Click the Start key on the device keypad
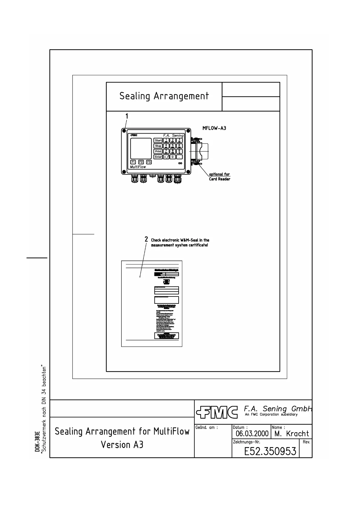point(158,141)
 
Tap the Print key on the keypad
point(158,151)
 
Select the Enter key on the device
point(158,157)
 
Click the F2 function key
point(141,162)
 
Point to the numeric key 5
point(173,146)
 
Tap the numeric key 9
point(179,151)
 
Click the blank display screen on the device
point(141,148)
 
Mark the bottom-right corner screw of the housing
point(188,172)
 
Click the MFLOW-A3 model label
point(214,128)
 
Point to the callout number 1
point(127,116)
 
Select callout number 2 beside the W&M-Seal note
point(146,239)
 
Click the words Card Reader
point(220,179)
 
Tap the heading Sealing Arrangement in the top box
point(164,96)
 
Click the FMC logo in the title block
point(216,411)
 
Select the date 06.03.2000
point(252,434)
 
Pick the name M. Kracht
point(292,434)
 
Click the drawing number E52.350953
point(270,451)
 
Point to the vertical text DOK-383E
point(37,441)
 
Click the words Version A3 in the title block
point(122,445)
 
